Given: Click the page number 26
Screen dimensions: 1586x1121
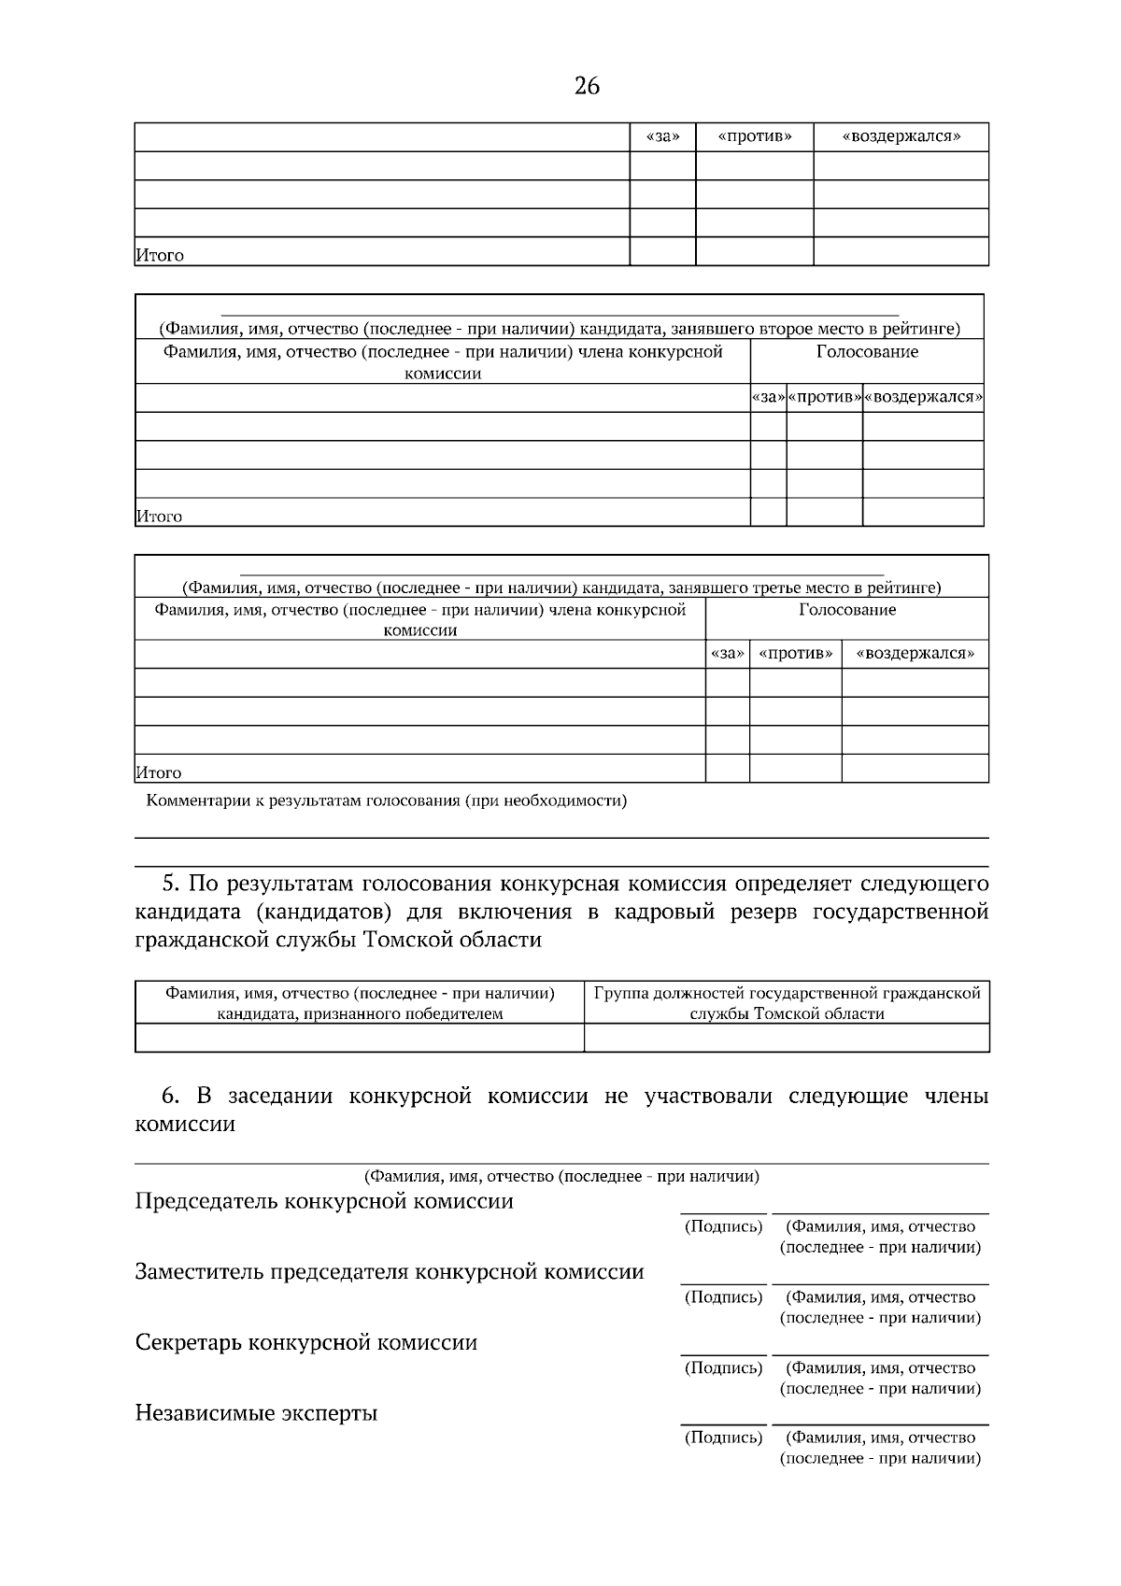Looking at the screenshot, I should [x=587, y=87].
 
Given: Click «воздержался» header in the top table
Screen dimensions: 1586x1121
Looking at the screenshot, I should [x=901, y=137].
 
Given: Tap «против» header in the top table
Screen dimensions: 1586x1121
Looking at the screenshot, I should [x=755, y=137].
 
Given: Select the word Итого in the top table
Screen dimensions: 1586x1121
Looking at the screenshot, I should [x=160, y=255].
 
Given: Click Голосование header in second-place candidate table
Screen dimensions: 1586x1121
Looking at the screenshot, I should [x=867, y=352].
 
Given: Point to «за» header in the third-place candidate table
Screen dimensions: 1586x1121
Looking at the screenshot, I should [x=727, y=654].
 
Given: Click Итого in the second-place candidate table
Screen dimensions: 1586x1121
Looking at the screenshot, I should [x=160, y=517].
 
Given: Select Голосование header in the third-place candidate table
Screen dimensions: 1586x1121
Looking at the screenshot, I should [x=847, y=610].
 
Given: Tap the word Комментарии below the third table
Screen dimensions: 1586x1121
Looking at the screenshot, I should [x=192, y=801].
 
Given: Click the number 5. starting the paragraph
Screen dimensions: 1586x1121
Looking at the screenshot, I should [x=170, y=884].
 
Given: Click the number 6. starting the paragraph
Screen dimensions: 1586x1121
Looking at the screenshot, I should [x=170, y=1097].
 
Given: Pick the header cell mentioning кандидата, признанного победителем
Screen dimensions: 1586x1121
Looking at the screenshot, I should [x=360, y=1003].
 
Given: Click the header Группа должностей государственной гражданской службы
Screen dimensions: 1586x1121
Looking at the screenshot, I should [x=787, y=1003].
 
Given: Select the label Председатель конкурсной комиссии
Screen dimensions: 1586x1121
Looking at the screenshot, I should [x=324, y=1202].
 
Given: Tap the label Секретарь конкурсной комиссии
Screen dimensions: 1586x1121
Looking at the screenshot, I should [x=306, y=1343].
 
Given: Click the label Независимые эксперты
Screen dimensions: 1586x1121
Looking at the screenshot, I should [x=256, y=1413].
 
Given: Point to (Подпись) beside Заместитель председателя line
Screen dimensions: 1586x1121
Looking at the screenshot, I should [x=723, y=1297].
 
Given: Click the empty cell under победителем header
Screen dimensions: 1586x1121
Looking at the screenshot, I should [x=360, y=1038].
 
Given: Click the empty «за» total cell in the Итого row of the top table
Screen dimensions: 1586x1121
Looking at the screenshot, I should [x=662, y=252].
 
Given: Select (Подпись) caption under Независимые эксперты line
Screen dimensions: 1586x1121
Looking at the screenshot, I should [x=723, y=1438].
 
